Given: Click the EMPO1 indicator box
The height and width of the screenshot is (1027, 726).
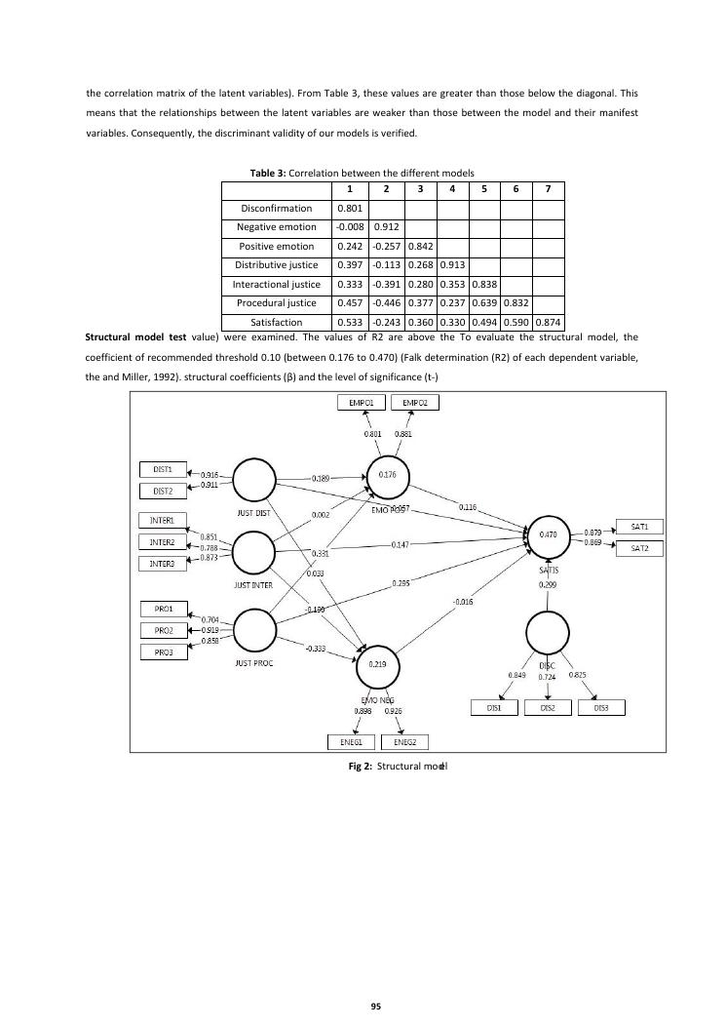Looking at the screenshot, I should point(360,402).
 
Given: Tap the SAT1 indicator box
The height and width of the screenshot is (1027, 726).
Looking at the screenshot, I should point(639,527).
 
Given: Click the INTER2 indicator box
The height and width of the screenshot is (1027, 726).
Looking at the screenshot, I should point(162,541).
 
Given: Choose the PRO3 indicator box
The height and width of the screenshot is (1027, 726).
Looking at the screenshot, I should point(164,652).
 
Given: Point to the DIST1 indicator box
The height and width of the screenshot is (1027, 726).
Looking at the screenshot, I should point(164,469).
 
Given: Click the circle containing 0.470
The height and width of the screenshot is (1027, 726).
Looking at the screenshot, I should point(548,535).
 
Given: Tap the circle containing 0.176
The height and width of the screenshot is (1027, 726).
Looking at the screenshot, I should point(387,474).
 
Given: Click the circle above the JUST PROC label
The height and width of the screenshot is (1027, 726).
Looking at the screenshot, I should point(253,630).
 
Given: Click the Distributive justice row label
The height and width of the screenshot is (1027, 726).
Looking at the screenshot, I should point(277,264).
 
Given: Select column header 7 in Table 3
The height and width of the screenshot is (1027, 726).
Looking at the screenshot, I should point(549,188).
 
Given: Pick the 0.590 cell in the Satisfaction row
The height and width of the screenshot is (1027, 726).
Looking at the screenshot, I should point(516,322).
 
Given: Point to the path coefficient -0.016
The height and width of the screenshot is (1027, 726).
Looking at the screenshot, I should point(462,602).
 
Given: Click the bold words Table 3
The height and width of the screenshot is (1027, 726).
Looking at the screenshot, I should point(268,173).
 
